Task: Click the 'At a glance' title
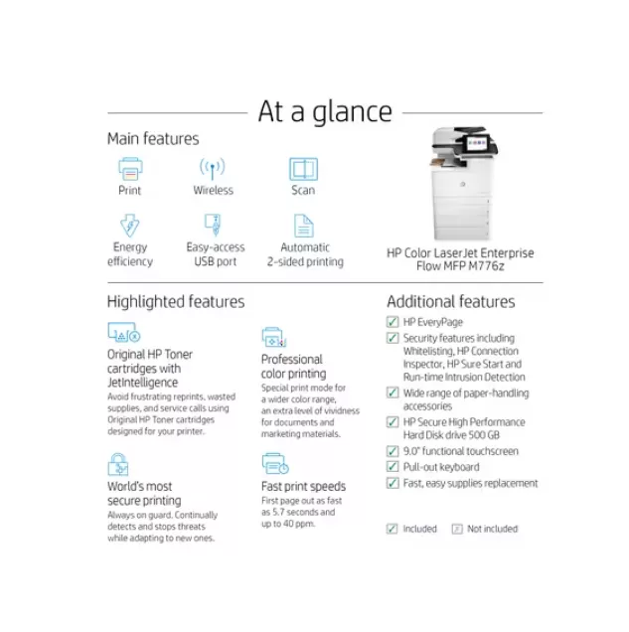pos(325,111)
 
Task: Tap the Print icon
pos(130,168)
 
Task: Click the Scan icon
pos(303,168)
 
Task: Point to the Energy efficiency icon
pos(130,225)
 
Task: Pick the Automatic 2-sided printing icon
pos(303,225)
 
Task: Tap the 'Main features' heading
pos(153,139)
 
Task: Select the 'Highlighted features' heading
pos(175,301)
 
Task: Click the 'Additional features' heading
pos(450,301)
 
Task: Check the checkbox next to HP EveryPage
pos(393,322)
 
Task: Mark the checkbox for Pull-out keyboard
pos(393,467)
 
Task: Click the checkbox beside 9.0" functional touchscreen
pos(393,451)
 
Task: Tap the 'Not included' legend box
pos(457,529)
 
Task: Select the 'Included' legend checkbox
pos(393,529)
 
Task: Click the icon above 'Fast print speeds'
pos(274,464)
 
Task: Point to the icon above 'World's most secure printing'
pos(119,464)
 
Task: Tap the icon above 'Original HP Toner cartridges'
pos(123,333)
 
